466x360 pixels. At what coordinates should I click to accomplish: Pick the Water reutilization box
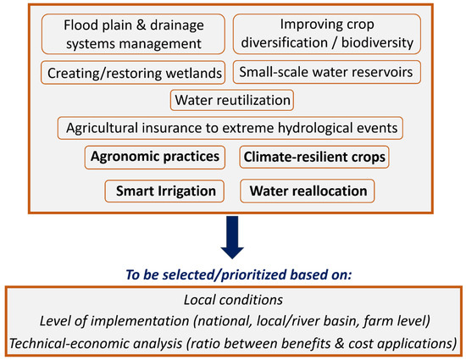[x=232, y=100]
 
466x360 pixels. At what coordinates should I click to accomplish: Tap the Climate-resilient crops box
[x=314, y=157]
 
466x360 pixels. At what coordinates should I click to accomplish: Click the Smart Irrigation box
[x=166, y=191]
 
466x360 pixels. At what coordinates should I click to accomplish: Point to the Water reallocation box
[x=308, y=191]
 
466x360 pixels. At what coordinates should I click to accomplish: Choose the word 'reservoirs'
[x=374, y=72]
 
